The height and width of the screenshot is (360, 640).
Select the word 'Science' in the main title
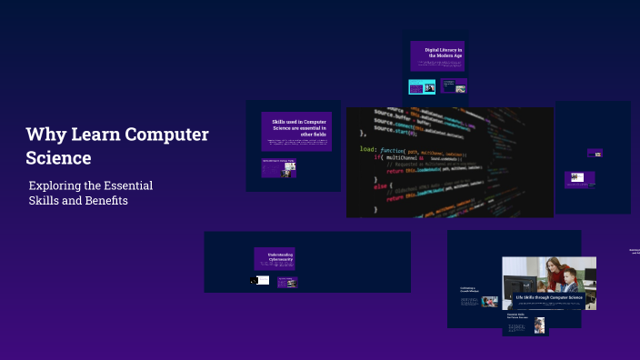(59, 157)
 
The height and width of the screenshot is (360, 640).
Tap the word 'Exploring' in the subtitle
(57, 185)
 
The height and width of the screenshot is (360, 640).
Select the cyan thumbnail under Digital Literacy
(422, 86)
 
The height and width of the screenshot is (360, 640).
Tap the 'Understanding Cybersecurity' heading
(274, 257)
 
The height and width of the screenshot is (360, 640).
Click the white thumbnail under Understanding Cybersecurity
(261, 280)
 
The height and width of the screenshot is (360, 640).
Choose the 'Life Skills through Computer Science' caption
(548, 297)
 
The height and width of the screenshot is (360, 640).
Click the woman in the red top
(552, 273)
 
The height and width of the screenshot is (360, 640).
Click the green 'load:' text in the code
(368, 148)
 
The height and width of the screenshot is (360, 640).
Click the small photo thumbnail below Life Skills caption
(539, 325)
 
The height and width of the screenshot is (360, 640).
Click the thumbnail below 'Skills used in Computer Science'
(285, 168)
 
